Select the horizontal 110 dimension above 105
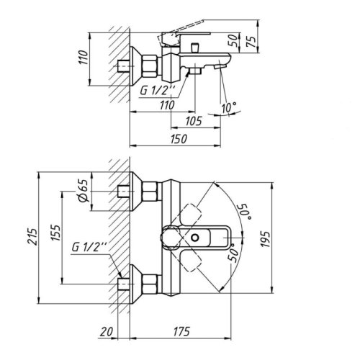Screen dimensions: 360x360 166,105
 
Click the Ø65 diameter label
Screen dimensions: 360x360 84,194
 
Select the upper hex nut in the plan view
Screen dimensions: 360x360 150,193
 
